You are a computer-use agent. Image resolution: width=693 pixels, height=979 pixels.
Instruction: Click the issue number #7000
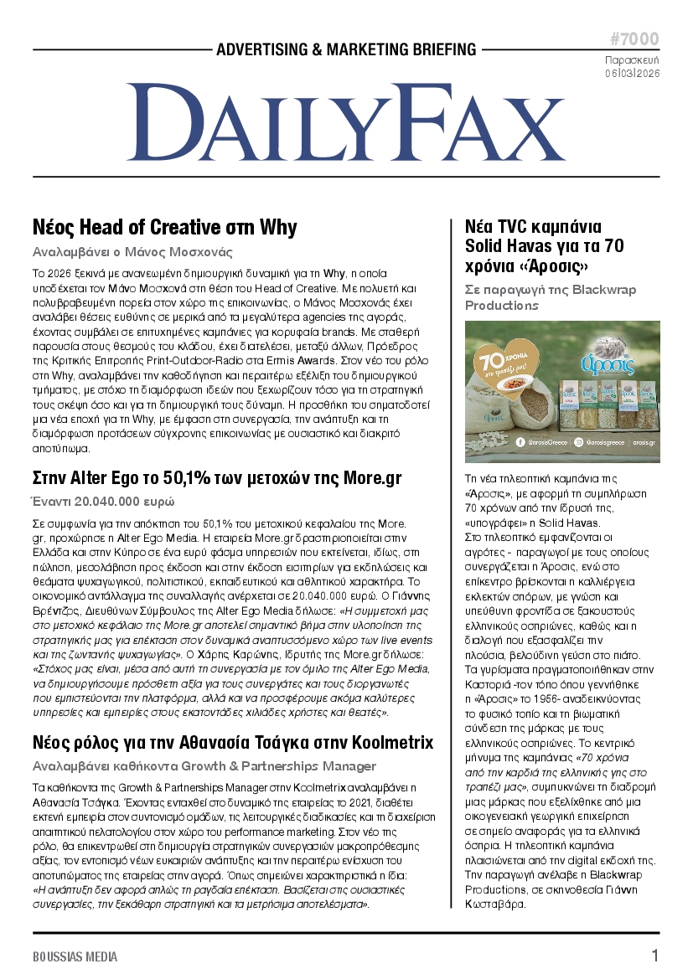click(x=634, y=39)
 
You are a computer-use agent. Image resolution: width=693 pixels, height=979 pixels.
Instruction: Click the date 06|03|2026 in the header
click(x=633, y=74)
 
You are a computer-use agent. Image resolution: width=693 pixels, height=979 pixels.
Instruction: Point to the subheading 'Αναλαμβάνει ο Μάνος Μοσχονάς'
click(x=132, y=252)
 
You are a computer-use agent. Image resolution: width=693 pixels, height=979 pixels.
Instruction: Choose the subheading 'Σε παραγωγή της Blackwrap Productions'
click(x=551, y=297)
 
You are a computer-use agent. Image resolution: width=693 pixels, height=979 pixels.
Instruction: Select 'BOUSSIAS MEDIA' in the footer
click(x=75, y=956)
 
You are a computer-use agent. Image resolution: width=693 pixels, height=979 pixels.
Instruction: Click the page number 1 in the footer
click(x=655, y=956)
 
